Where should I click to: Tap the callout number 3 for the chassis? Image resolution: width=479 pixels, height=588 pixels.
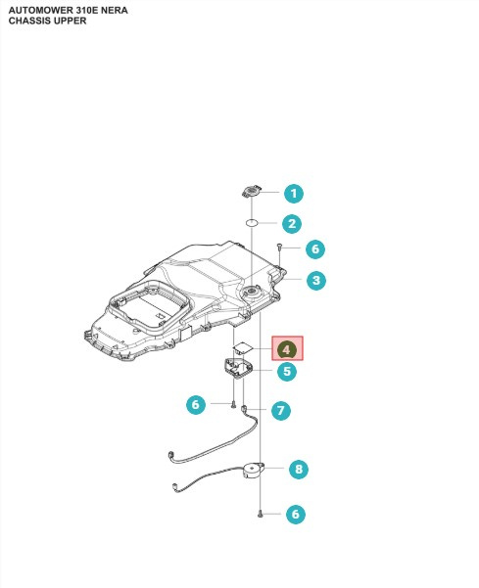(315, 281)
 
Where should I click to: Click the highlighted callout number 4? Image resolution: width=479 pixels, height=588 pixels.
(287, 348)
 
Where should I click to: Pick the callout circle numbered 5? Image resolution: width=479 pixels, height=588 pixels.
(286, 371)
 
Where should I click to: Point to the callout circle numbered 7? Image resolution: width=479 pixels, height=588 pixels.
(280, 410)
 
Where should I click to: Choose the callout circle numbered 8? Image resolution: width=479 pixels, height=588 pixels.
(298, 470)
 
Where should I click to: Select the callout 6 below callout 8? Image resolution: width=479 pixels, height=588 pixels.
(294, 514)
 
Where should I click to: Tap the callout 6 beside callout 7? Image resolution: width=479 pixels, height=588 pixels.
(196, 403)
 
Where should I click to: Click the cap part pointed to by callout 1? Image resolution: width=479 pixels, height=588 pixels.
(252, 191)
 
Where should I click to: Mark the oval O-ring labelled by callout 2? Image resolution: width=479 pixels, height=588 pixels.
(252, 222)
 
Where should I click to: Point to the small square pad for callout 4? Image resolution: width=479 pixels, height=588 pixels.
(241, 347)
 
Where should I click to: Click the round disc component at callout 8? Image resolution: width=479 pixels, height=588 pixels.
(254, 472)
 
